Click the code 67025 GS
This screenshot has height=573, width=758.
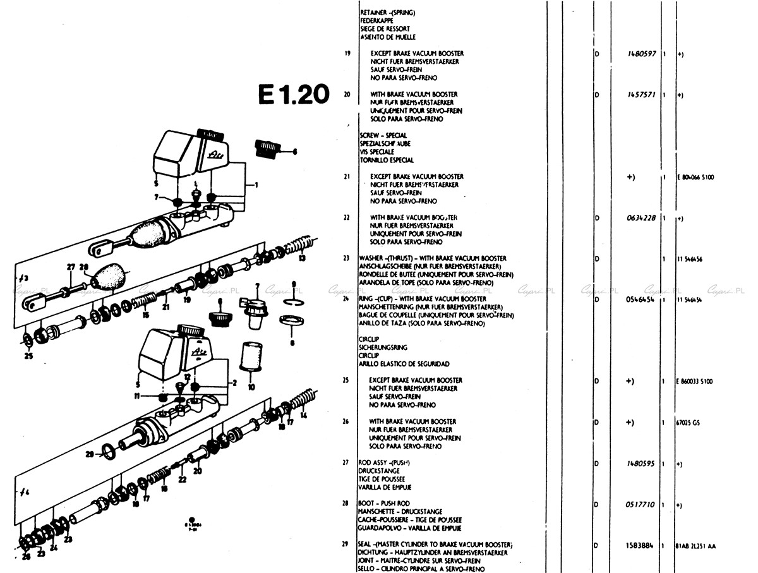click(x=687, y=422)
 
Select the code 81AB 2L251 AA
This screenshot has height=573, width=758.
click(x=695, y=545)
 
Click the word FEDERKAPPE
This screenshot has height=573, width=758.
click(x=376, y=21)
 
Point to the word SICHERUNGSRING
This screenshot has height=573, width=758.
click(x=383, y=347)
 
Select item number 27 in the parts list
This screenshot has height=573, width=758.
click(x=346, y=462)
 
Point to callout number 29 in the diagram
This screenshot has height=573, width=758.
click(x=90, y=454)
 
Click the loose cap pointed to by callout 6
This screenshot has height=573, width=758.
click(x=264, y=148)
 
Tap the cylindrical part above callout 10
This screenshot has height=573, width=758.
click(x=251, y=356)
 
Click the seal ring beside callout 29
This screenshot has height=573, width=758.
click(x=109, y=450)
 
